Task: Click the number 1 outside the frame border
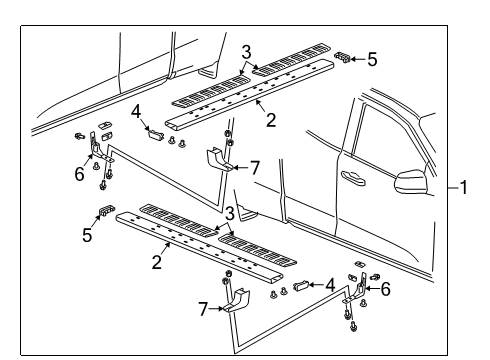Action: pos(464,187)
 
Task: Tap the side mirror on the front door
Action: pos(411,182)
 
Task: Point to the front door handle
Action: pos(353,178)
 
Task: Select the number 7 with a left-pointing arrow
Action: pos(255,168)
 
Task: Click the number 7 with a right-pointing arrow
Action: pos(203,309)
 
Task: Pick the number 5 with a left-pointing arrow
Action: pos(372,60)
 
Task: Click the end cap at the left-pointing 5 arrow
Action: pos(342,57)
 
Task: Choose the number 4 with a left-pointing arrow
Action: pos(330,285)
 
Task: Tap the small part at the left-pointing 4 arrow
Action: pos(300,286)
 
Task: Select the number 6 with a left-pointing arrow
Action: pos(385,289)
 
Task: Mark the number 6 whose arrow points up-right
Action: pos(79,174)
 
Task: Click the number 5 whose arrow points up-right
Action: pos(87,235)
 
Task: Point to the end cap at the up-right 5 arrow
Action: pos(107,210)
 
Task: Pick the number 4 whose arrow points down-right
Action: pos(136,112)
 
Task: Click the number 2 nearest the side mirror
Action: pos(271,120)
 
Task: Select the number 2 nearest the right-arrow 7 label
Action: pos(157,262)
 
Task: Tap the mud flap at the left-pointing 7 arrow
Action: pos(218,160)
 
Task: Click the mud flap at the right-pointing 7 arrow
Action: pos(237,301)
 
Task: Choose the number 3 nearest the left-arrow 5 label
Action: pos(247,52)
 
